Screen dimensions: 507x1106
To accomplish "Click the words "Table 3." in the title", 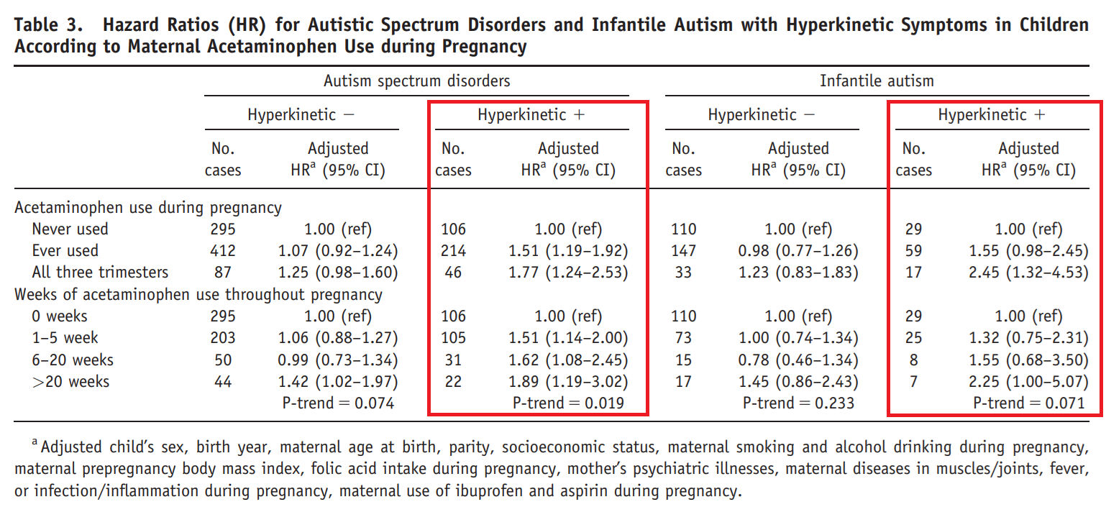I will click(x=50, y=25).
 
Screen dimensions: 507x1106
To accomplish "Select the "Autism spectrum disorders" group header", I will click(x=416, y=81).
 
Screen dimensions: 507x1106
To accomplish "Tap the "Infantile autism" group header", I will click(x=877, y=81).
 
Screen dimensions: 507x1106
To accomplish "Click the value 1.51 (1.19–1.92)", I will click(x=568, y=251).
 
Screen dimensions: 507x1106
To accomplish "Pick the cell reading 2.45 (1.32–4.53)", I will click(x=1028, y=273).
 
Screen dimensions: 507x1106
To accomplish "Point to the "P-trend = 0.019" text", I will click(x=568, y=403).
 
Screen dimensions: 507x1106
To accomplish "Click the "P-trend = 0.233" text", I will click(x=798, y=403).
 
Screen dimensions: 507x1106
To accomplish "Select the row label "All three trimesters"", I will click(x=100, y=273).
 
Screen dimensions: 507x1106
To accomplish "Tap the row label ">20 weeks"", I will click(x=70, y=381).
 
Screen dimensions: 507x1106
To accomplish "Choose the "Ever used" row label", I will click(x=65, y=251).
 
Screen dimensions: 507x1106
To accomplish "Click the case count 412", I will click(x=223, y=251).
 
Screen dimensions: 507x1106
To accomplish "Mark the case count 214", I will click(x=453, y=251).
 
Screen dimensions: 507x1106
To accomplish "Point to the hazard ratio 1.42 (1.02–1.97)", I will click(x=338, y=381).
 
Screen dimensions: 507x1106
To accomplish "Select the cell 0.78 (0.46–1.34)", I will click(x=798, y=360).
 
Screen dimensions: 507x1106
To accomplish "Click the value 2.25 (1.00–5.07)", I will click(x=1028, y=381).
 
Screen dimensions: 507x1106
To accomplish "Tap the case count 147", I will click(x=683, y=251).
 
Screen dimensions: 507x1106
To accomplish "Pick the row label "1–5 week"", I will click(x=65, y=338).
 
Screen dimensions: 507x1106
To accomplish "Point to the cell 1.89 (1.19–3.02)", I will click(x=568, y=381).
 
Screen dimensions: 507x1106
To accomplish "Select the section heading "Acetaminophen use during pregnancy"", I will click(x=148, y=208).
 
